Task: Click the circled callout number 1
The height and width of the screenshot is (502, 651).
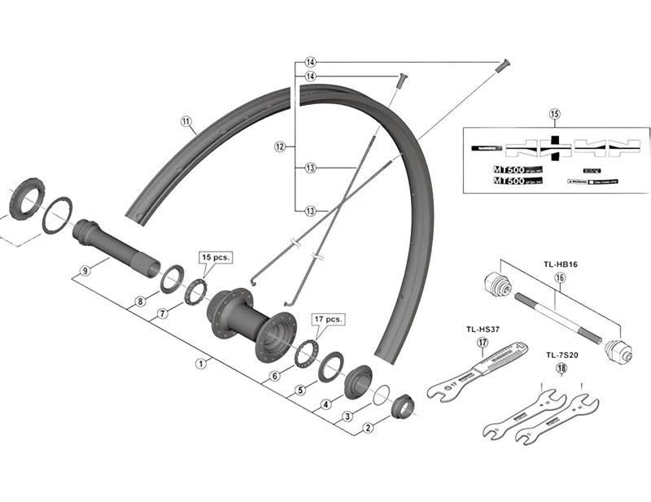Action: click(199, 364)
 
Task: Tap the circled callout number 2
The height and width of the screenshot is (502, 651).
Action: click(368, 427)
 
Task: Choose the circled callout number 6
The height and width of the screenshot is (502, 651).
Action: click(275, 376)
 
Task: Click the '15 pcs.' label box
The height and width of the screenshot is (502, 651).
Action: click(215, 256)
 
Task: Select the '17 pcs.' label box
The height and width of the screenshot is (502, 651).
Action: click(329, 318)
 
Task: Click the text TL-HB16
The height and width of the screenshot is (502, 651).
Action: click(559, 264)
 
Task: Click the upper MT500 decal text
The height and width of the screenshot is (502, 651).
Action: click(509, 171)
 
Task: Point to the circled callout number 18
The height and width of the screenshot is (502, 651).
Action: click(561, 368)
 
